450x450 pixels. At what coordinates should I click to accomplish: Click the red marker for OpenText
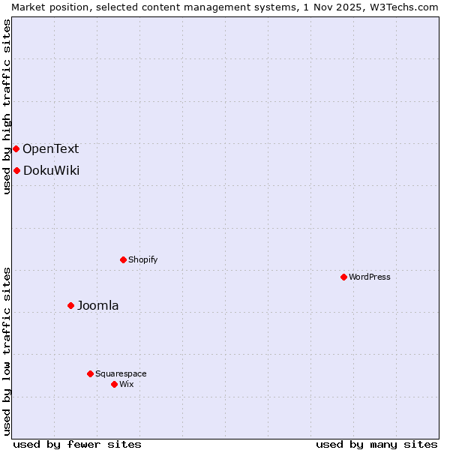(x=16, y=148)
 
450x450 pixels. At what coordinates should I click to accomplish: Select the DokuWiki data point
(x=16, y=170)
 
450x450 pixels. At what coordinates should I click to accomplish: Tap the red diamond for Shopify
(x=123, y=259)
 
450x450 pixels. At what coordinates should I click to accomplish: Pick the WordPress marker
(x=343, y=277)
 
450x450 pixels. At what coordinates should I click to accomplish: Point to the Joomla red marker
(x=71, y=305)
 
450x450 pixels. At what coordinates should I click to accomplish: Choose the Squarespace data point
(x=90, y=373)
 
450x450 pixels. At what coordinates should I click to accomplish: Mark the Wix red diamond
(x=114, y=384)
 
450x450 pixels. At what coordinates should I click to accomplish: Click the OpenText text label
(x=50, y=148)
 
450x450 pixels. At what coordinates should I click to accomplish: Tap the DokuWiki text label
(x=51, y=170)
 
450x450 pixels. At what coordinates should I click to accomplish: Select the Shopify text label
(x=142, y=259)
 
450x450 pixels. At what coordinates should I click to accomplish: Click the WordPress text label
(x=370, y=277)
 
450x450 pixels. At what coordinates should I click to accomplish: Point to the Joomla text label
(x=97, y=305)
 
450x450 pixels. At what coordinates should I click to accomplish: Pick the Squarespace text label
(x=121, y=373)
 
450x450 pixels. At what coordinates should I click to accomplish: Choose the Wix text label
(x=126, y=384)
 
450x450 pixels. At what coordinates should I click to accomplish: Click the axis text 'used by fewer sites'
(x=77, y=444)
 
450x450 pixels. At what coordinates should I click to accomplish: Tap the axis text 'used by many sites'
(x=376, y=444)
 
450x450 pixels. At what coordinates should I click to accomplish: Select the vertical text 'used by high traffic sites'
(x=7, y=106)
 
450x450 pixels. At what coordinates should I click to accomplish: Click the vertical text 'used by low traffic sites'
(x=7, y=351)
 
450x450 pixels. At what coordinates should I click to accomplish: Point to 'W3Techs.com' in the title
(x=408, y=7)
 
